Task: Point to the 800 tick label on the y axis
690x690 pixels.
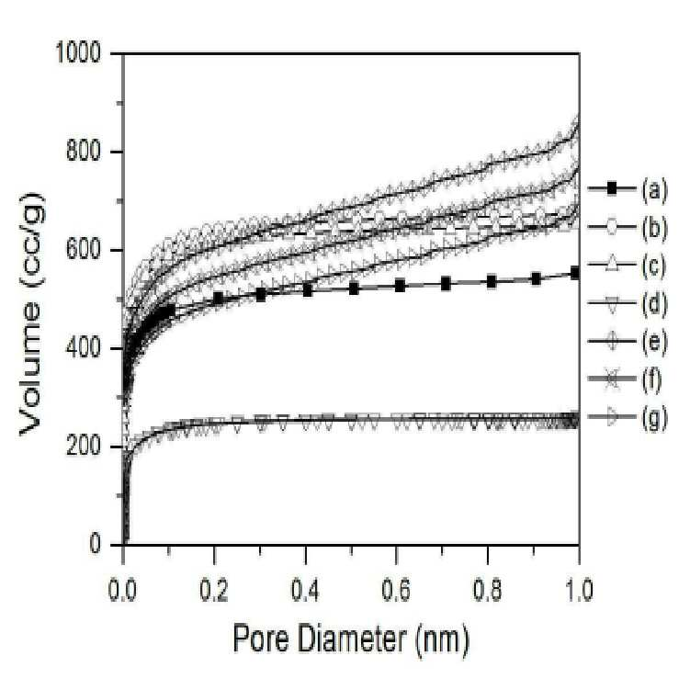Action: pyautogui.click(x=84, y=152)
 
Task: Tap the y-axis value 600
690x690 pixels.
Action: pyautogui.click(x=84, y=250)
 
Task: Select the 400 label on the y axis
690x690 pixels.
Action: pyautogui.click(x=84, y=348)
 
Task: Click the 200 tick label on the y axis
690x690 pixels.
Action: pyautogui.click(x=84, y=447)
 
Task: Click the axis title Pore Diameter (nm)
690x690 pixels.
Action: pyautogui.click(x=351, y=639)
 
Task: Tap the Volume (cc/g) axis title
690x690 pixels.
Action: pyautogui.click(x=31, y=313)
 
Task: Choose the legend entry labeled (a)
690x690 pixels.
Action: pyautogui.click(x=653, y=190)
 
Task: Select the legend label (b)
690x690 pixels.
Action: pyautogui.click(x=653, y=229)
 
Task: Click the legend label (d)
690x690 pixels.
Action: pyautogui.click(x=653, y=304)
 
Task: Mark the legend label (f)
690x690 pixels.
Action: pyautogui.click(x=651, y=379)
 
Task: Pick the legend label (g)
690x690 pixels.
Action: pyautogui.click(x=653, y=418)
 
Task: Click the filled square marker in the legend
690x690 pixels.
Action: pyautogui.click(x=611, y=188)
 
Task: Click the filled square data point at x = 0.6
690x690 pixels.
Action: pyautogui.click(x=400, y=286)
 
